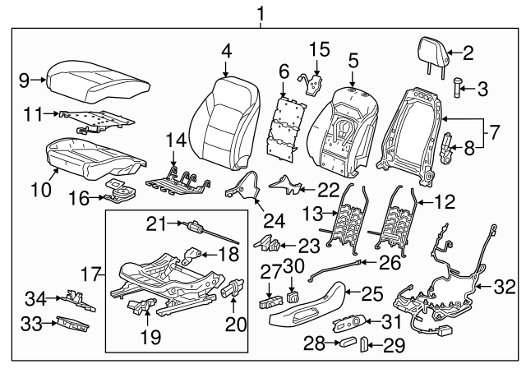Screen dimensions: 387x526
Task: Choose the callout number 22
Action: click(x=329, y=189)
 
